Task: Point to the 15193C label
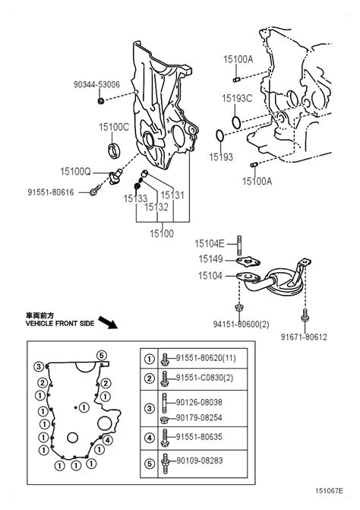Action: [x=237, y=98]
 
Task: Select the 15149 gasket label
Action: [x=212, y=259]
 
